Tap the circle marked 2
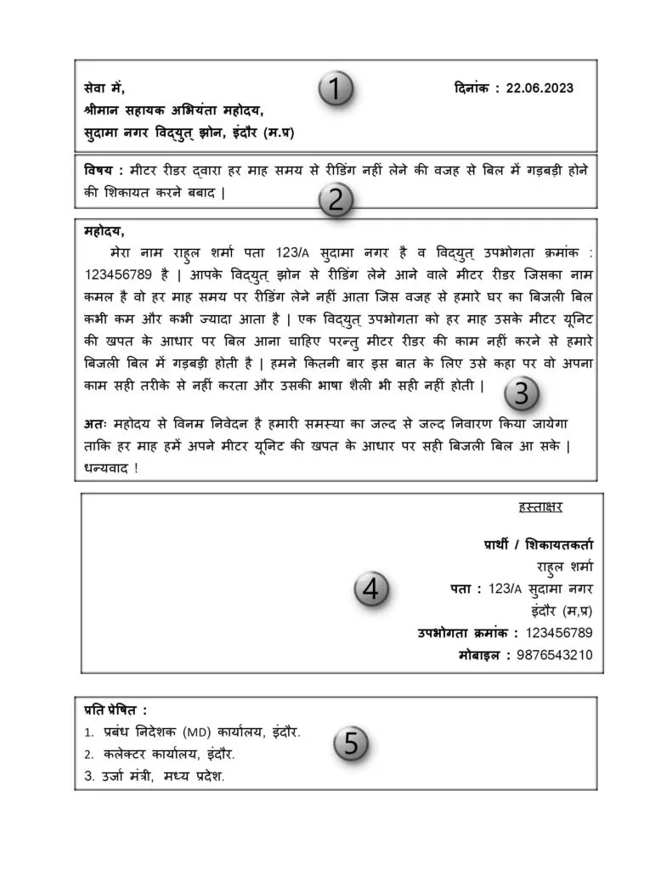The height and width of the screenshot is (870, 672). pyautogui.click(x=336, y=201)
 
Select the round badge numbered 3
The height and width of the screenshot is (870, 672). pyautogui.click(x=522, y=393)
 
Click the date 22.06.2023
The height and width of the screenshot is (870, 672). pyautogui.click(x=539, y=88)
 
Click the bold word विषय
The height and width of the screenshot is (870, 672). pyautogui.click(x=101, y=169)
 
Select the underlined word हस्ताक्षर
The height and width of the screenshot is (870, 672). pyautogui.click(x=540, y=507)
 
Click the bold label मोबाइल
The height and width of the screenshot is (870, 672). pyautogui.click(x=483, y=655)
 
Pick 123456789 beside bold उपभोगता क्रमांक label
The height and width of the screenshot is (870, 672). pyautogui.click(x=558, y=632)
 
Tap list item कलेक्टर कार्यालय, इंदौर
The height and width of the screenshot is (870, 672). pyautogui.click(x=169, y=754)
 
